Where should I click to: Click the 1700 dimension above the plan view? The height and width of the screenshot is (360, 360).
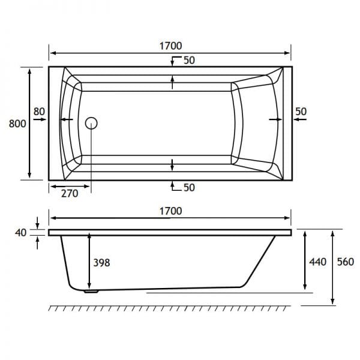(170, 46)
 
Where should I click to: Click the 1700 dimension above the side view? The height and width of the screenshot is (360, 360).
(170, 211)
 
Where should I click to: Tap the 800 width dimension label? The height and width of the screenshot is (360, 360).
(17, 124)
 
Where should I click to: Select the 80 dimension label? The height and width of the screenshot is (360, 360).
(39, 112)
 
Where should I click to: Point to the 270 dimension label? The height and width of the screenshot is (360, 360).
(70, 194)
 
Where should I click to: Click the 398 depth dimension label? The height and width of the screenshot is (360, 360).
(101, 263)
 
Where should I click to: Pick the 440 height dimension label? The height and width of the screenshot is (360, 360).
(318, 262)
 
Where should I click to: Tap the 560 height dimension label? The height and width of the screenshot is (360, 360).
(346, 262)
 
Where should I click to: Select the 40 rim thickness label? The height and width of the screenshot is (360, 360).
(20, 233)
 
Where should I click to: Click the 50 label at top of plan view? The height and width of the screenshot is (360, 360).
(189, 60)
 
